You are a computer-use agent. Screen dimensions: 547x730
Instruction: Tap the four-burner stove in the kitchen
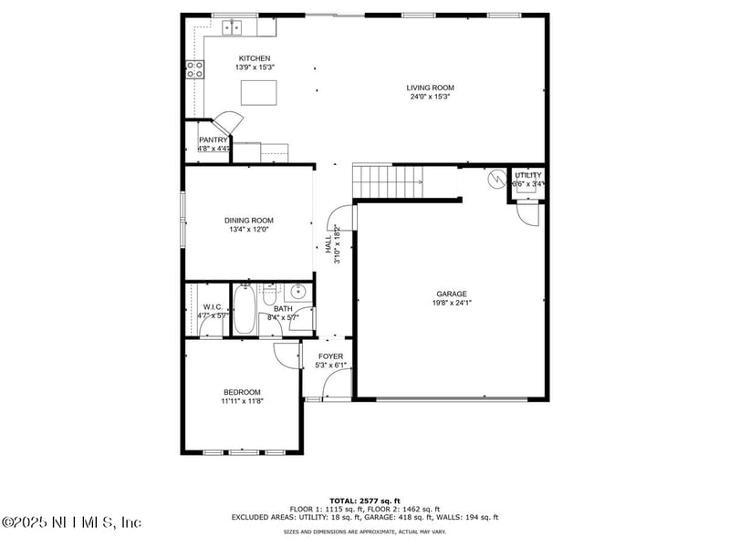[x=194, y=70]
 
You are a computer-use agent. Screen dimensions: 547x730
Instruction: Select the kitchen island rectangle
[x=258, y=93]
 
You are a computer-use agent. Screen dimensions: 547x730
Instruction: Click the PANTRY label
[x=213, y=139]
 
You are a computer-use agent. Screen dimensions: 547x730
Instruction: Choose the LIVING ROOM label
[x=430, y=88]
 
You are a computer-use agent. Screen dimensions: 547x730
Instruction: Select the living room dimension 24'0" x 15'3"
[x=430, y=97]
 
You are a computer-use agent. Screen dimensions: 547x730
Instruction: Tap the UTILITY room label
[x=527, y=175]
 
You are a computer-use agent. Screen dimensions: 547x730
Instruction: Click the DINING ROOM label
[x=249, y=220]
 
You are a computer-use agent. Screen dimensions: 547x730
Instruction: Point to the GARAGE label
[x=452, y=294]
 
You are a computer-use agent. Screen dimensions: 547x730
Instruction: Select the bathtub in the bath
[x=245, y=310]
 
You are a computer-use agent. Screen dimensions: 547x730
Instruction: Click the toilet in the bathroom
[x=269, y=297]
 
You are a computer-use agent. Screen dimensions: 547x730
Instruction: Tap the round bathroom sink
[x=297, y=293]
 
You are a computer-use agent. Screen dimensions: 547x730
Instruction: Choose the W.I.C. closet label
[x=213, y=307]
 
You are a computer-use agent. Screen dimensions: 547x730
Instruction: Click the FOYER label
[x=330, y=356]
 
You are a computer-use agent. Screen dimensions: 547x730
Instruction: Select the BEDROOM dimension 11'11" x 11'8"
[x=241, y=401]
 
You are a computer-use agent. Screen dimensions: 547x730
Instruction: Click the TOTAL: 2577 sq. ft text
[x=364, y=501]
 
